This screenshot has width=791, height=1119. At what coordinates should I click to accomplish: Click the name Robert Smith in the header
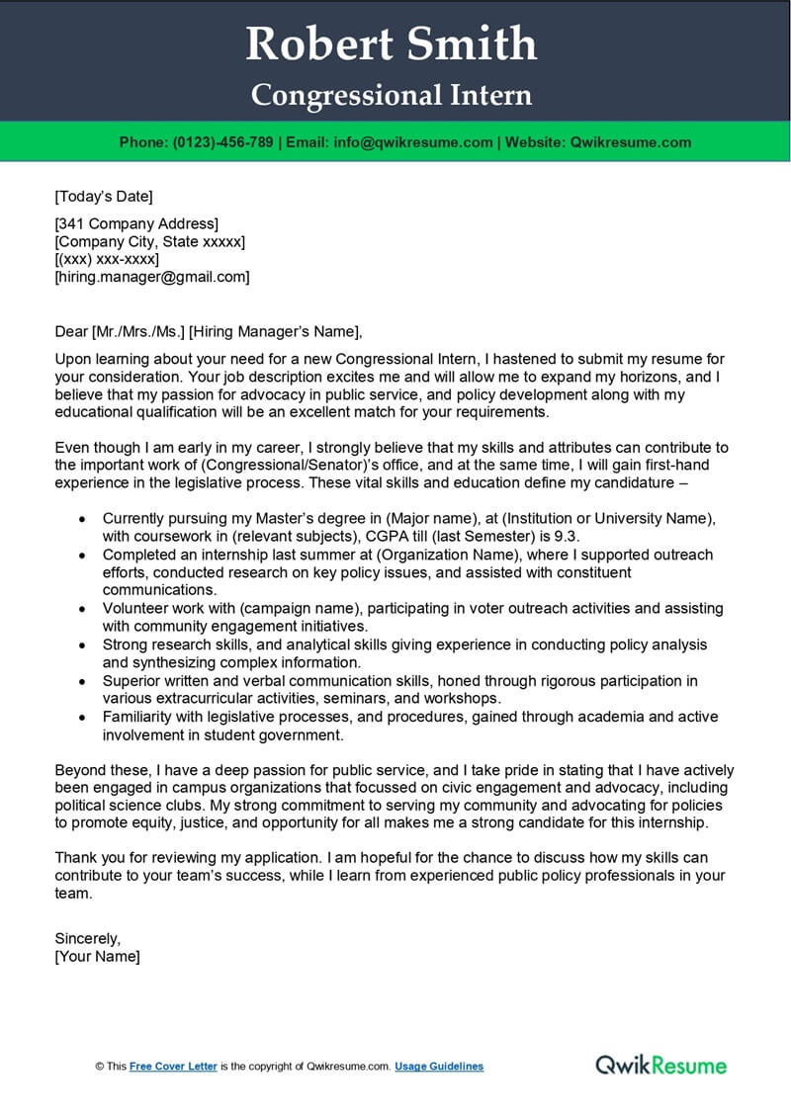coord(392,43)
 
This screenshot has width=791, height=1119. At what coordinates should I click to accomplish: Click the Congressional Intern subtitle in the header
coord(392,95)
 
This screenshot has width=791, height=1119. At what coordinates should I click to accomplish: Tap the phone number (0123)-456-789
coord(222,142)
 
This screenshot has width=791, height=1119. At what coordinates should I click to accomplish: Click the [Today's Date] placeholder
coord(104,196)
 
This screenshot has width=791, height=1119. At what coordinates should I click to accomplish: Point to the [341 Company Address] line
coord(136,224)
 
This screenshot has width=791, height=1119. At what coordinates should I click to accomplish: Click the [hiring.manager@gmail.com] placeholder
coord(151,278)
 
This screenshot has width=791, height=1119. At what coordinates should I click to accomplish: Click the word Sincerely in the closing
coord(87,938)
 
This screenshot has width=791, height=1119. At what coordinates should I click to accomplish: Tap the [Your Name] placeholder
coord(97,956)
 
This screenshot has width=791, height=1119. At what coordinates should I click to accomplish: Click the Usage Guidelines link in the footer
coord(439,1067)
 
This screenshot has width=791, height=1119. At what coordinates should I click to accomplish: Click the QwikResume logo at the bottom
coord(660,1065)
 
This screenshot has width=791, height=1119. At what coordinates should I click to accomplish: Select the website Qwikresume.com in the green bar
coord(631,142)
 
